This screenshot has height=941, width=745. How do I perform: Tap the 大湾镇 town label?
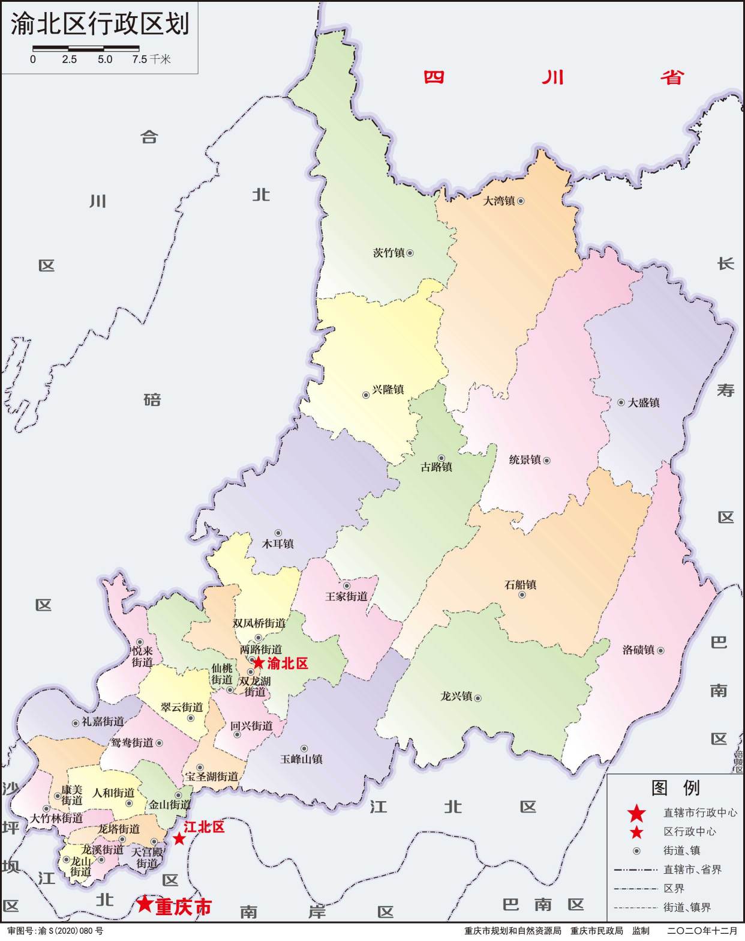(499, 201)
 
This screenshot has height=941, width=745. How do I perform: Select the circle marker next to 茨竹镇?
(410, 253)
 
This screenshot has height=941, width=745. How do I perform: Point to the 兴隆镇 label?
(388, 390)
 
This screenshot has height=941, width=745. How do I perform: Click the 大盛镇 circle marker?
(621, 402)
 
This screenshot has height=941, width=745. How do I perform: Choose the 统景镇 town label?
(525, 460)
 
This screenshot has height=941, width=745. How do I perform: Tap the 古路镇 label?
(436, 467)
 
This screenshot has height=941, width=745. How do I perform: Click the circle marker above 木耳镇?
(278, 533)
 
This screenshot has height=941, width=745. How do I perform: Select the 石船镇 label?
(520, 584)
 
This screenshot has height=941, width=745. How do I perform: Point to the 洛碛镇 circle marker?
(660, 650)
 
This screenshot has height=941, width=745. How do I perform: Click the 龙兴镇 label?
(456, 697)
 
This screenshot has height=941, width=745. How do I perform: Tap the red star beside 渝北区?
(258, 663)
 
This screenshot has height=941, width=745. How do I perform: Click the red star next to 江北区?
(179, 839)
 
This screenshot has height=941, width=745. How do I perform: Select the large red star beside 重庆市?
(144, 904)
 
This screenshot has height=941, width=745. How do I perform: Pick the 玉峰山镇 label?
(301, 759)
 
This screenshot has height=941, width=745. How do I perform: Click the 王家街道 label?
(346, 597)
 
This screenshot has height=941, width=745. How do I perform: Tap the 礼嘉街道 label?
(103, 722)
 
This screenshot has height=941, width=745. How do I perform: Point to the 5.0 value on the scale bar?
(105, 59)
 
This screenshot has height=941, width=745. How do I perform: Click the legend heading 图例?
(675, 787)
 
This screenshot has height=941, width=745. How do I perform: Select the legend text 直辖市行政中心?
(700, 813)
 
